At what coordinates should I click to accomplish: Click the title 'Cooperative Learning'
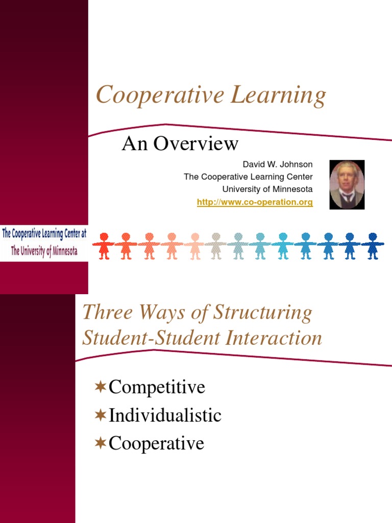[211, 97]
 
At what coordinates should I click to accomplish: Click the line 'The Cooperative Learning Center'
[248, 177]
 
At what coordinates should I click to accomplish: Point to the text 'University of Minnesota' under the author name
[267, 189]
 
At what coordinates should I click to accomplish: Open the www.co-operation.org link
[255, 202]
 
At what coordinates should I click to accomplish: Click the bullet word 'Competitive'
[157, 387]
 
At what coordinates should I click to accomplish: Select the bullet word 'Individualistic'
[165, 415]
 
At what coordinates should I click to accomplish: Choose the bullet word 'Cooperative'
[156, 443]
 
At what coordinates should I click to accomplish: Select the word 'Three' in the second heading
[104, 313]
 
